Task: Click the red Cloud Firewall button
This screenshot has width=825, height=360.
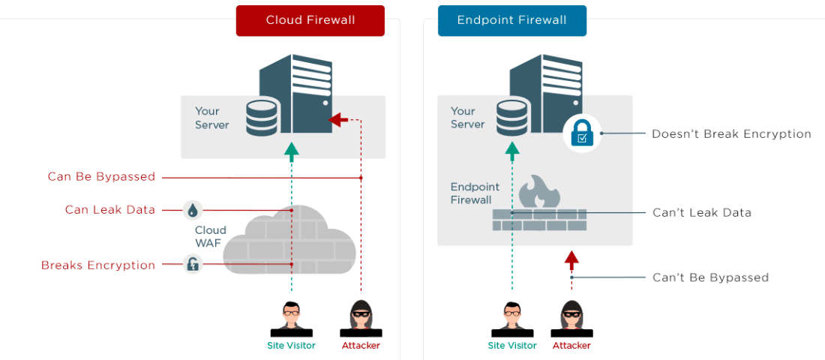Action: coord(310,20)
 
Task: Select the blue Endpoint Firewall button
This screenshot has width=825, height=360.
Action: coord(511,20)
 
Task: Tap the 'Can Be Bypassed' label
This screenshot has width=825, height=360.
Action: coord(101,177)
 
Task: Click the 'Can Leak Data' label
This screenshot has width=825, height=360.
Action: coord(109,210)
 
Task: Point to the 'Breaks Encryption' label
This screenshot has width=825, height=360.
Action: coord(98,265)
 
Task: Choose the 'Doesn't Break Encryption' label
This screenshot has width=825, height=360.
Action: coord(731,134)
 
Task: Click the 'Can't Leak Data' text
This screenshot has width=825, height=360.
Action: coord(701,213)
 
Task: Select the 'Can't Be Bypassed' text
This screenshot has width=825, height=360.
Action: coord(710,277)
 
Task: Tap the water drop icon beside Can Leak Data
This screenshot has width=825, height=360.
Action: coord(193,210)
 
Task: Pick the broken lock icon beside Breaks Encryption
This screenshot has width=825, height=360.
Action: coord(193,264)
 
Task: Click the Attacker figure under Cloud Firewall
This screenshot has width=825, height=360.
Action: coord(361,319)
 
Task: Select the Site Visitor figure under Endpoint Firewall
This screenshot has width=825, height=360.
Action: coord(512,319)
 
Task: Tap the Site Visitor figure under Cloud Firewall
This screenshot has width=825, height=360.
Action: coord(291,319)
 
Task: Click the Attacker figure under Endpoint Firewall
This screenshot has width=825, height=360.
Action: coord(571,319)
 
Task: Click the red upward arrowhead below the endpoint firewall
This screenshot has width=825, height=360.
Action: coord(571,259)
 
